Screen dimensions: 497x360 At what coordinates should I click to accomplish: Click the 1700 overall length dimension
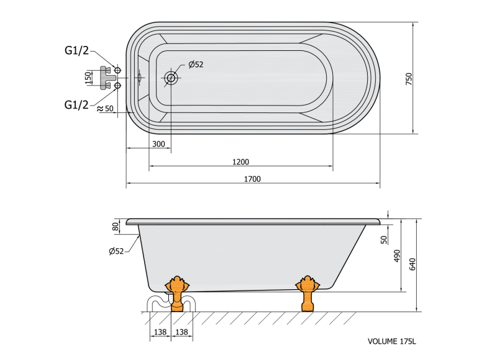coord(252,179)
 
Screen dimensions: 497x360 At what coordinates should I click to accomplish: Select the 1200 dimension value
coord(240,162)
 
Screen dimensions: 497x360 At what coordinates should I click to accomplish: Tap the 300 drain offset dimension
coord(158,144)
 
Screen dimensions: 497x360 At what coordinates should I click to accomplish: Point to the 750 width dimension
coord(409,79)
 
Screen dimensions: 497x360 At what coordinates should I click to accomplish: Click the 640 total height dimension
coord(412,264)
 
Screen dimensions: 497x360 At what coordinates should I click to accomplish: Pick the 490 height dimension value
coord(397,256)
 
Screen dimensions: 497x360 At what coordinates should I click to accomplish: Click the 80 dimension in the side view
coord(116,227)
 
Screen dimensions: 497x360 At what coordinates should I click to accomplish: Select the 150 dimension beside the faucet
coord(88,78)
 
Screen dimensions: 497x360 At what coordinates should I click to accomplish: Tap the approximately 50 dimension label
coord(105,109)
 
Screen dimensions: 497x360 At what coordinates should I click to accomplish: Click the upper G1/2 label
coord(76,50)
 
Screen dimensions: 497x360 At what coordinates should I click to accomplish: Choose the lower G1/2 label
coord(76,105)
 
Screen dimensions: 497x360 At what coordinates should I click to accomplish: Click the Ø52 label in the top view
coord(196,65)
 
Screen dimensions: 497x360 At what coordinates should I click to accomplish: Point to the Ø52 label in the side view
coord(116,251)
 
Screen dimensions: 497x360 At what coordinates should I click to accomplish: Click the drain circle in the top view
coord(171,78)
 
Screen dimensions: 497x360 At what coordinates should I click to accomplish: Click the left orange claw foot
coord(177,294)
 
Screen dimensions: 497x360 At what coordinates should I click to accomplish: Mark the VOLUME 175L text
coord(392,341)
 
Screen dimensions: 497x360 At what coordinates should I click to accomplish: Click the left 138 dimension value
coord(160,332)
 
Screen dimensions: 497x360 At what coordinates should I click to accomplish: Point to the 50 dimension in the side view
coord(384,240)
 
